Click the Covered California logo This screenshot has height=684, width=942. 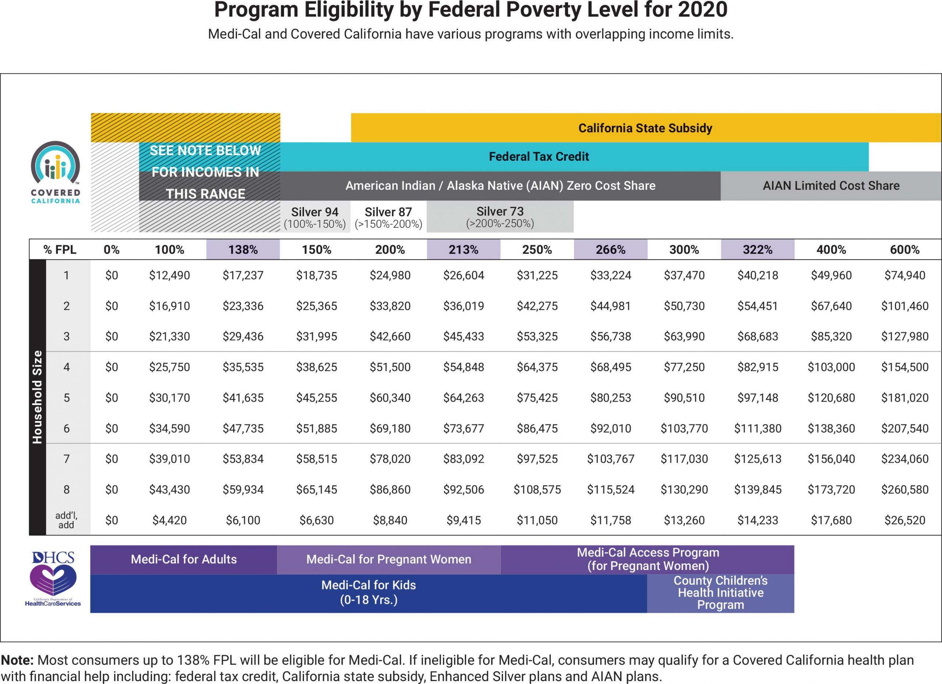click(x=55, y=172)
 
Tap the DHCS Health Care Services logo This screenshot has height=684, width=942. click(x=53, y=579)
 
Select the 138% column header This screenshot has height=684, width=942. click(x=243, y=249)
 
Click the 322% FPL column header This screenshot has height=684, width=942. click(x=758, y=249)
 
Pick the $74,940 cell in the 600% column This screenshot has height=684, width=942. click(x=904, y=275)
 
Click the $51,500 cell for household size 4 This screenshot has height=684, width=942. click(x=390, y=367)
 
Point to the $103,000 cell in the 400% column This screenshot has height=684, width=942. click(x=831, y=367)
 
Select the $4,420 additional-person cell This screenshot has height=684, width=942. click(x=170, y=520)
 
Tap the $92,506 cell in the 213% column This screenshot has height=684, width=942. click(x=464, y=489)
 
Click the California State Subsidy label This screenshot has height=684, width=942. click(x=645, y=128)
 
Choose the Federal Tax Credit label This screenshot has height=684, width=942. click(x=539, y=156)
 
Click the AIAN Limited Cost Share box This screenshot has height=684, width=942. click(x=831, y=186)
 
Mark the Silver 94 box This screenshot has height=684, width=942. click(x=315, y=217)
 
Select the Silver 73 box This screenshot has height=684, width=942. click(x=500, y=217)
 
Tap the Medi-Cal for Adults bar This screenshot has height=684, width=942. click(x=184, y=559)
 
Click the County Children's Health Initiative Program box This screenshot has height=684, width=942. click(x=720, y=593)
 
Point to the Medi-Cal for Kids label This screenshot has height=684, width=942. click(x=368, y=592)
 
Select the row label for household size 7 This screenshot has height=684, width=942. click(x=67, y=459)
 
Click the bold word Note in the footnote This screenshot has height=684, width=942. click(x=17, y=660)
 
